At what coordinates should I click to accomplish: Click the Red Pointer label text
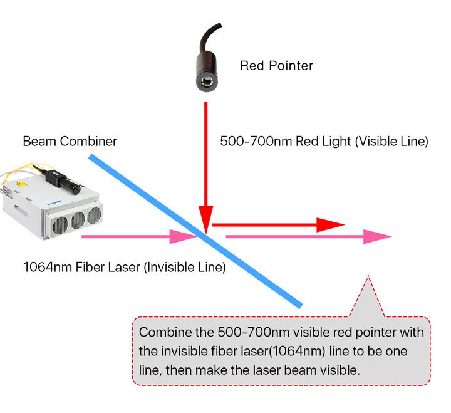(x=276, y=65)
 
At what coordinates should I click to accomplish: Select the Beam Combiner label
(x=70, y=142)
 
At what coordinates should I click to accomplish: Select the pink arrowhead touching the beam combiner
(x=185, y=237)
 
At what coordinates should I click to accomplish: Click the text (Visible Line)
(x=391, y=142)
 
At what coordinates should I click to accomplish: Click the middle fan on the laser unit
(x=78, y=221)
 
